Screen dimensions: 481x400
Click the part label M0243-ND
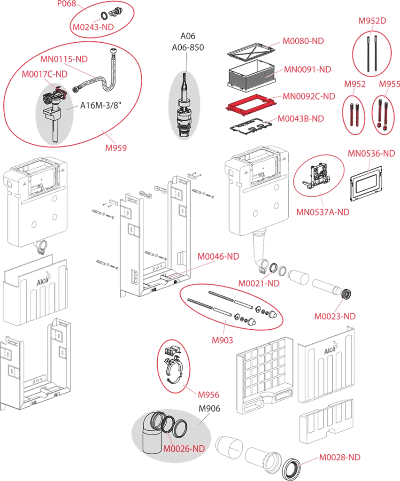93,27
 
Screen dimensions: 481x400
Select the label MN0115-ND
64,59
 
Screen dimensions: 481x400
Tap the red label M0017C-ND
44,74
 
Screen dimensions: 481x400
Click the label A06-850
188,47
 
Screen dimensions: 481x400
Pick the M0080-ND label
303,41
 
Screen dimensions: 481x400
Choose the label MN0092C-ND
309,96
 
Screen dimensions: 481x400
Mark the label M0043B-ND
300,118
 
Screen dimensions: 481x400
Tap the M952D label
373,21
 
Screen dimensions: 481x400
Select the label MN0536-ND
370,153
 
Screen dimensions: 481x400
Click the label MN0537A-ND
323,212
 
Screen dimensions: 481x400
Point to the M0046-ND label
218,256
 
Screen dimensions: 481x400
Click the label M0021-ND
259,283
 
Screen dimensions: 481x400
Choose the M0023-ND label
335,316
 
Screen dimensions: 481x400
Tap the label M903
222,340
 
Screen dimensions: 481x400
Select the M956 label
208,395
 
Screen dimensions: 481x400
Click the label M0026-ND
184,449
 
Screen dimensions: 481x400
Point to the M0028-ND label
339,457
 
